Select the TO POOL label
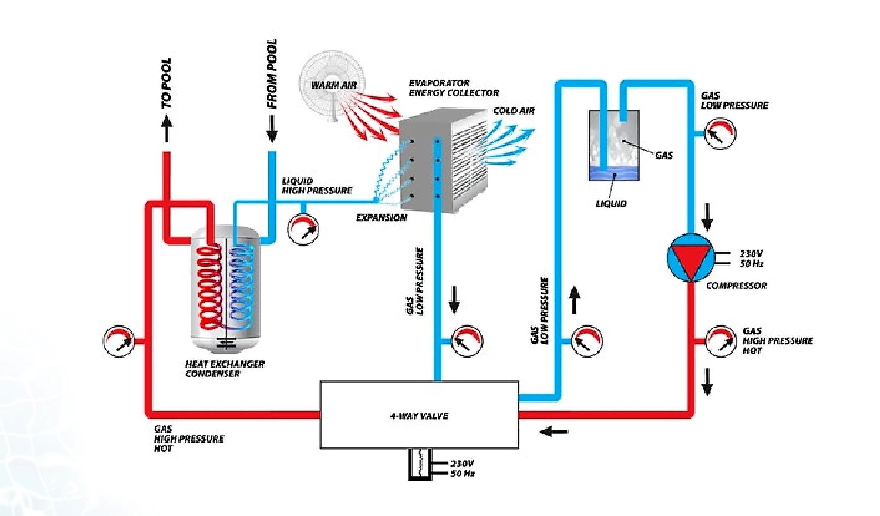pos(166,83)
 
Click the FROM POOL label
pos(272,73)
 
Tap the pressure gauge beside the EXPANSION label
pos(303,230)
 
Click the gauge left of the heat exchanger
pos(119,341)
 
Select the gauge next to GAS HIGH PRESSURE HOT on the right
pos(720,341)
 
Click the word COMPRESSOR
pos(736,286)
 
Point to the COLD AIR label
pos(514,111)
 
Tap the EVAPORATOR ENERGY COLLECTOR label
pos(454,88)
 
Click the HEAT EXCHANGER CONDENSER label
pos(224,369)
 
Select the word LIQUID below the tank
pos(611,204)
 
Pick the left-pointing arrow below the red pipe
pos(554,431)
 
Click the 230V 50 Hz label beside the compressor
pos(751,258)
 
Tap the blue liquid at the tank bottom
pos(614,174)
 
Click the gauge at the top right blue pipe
pos(720,133)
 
